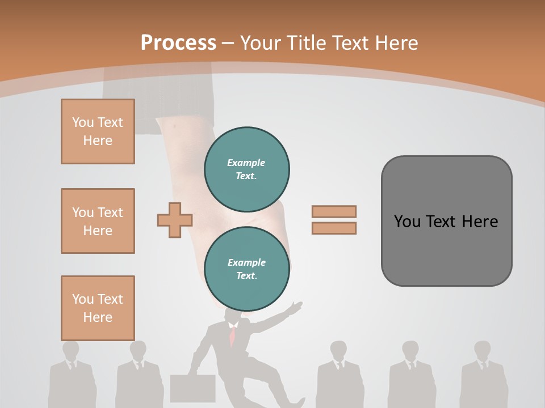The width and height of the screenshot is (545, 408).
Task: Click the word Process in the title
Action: click(x=178, y=43)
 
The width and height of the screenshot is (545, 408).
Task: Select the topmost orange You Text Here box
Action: click(x=98, y=131)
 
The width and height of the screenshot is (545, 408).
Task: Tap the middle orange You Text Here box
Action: click(x=98, y=221)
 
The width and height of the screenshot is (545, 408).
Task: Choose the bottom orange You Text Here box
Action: click(x=98, y=308)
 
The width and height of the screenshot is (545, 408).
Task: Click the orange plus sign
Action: click(x=174, y=219)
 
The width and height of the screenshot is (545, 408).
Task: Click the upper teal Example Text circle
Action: click(x=247, y=169)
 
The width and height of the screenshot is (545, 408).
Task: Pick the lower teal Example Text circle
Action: click(x=247, y=269)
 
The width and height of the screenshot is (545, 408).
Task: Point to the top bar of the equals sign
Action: click(x=334, y=211)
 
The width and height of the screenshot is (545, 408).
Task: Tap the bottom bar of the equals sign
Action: click(x=334, y=228)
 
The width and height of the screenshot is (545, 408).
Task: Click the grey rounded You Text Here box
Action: click(x=446, y=221)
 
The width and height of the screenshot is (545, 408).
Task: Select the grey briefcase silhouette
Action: click(x=192, y=388)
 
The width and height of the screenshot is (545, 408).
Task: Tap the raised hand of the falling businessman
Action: click(x=296, y=308)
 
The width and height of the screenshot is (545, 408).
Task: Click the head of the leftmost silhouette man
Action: click(x=71, y=350)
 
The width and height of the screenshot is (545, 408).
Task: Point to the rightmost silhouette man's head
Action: click(x=483, y=350)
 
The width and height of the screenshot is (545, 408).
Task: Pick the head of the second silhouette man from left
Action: click(x=138, y=350)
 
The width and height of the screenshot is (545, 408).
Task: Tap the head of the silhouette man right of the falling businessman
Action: click(x=338, y=350)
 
